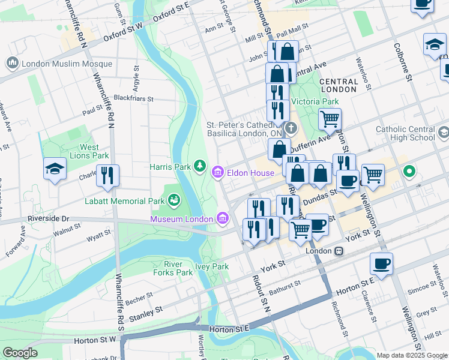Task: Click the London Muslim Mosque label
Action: (66, 64)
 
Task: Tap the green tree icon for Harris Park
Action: (199, 166)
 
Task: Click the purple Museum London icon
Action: (223, 218)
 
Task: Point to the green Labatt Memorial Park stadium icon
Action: (174, 199)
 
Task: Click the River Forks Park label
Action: (178, 268)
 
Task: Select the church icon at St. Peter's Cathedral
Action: (291, 128)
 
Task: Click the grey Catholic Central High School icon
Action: (444, 132)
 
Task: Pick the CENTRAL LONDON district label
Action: (339, 85)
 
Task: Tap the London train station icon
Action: (339, 251)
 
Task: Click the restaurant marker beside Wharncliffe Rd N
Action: (107, 175)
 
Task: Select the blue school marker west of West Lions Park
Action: (55, 168)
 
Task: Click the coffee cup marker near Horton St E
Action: (381, 263)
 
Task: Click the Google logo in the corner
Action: (20, 353)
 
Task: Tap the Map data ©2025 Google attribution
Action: (412, 355)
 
